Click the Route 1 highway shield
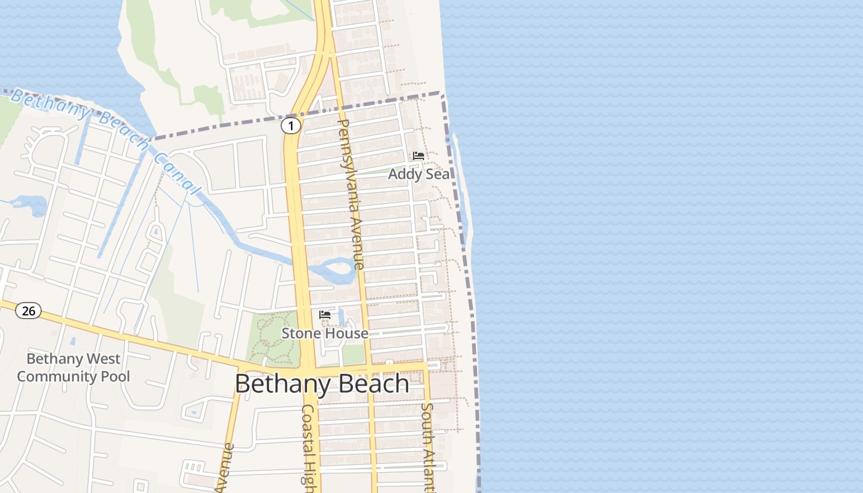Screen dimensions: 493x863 coord(291,126)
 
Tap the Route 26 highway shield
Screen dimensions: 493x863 coord(28,311)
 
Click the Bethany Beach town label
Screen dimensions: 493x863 coord(322,384)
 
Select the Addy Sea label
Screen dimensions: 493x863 coord(419,174)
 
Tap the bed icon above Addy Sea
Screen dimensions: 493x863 coord(419,155)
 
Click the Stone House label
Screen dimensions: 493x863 coord(325,333)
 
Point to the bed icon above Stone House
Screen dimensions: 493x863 coord(325,315)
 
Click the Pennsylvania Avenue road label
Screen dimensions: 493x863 coord(351,194)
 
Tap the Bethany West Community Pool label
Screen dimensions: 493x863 coord(73,367)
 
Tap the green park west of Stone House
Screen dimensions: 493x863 coord(272,338)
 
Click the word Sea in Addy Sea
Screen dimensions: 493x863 coord(436,174)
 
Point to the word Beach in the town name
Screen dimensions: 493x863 coord(370,384)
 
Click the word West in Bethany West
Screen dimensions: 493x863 coord(104,359)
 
